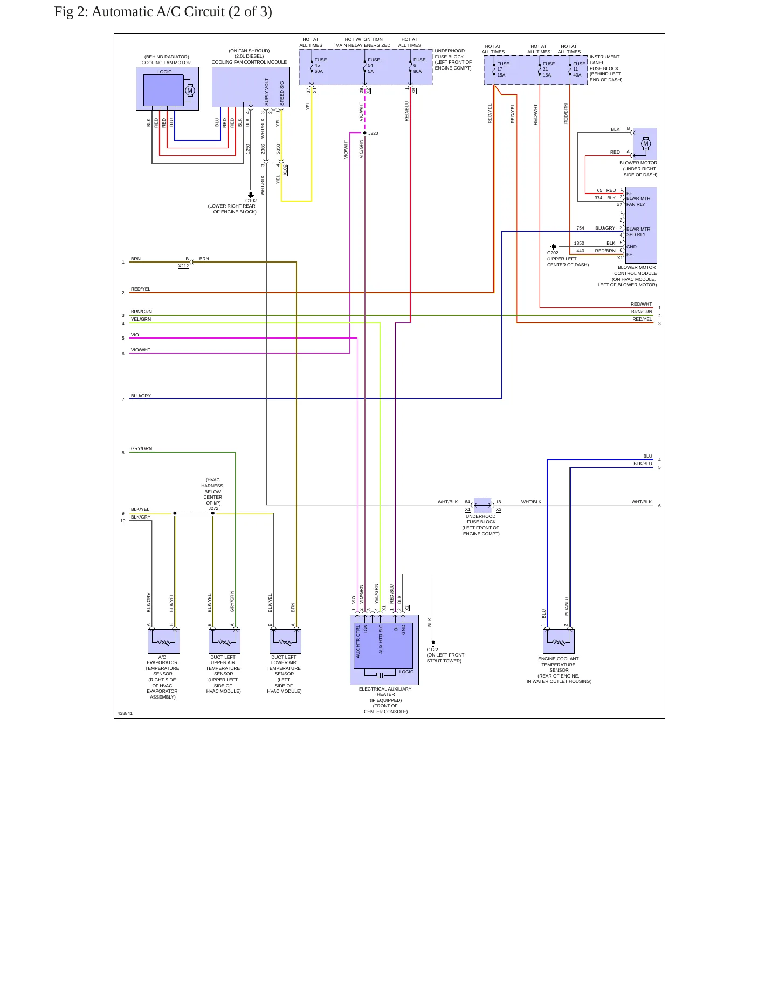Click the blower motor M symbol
(646, 143)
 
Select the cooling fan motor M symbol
(189, 91)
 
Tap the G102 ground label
(251, 201)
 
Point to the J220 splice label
(373, 133)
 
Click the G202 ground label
(553, 253)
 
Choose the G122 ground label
(432, 650)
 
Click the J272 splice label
(213, 508)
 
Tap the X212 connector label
(183, 266)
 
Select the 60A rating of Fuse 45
(319, 71)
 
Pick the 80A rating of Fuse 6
(417, 71)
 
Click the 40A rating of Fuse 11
(577, 75)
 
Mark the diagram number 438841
(125, 713)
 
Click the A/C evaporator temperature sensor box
(163, 641)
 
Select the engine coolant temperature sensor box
(559, 641)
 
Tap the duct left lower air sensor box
(285, 641)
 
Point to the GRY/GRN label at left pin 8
(141, 448)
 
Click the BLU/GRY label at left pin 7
(141, 396)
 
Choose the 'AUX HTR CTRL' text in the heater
(358, 641)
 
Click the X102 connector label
(286, 170)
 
